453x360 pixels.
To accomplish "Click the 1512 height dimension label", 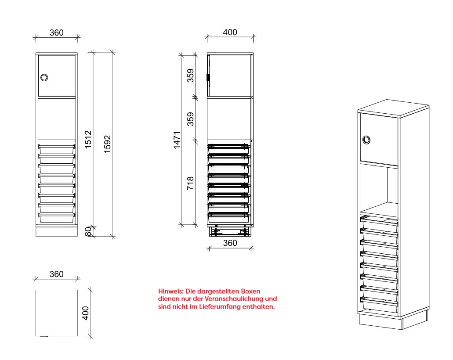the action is (x=88, y=140).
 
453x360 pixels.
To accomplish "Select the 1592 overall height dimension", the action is (x=107, y=144).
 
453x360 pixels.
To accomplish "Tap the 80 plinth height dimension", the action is (x=88, y=231).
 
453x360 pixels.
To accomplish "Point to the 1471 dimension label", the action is (x=177, y=140).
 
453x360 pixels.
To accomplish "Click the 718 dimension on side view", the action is (x=190, y=184).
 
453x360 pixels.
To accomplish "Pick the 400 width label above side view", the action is (x=230, y=32).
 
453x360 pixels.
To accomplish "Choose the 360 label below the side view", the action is (x=230, y=243).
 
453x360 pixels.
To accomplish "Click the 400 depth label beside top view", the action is (x=86, y=313).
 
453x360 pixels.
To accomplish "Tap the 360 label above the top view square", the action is (x=56, y=274).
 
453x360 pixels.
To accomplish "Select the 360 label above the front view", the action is (x=56, y=32).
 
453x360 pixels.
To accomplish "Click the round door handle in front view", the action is (x=44, y=77).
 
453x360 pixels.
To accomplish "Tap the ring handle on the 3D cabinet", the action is (x=366, y=140).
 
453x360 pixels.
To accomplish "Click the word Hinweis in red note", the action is (x=171, y=291).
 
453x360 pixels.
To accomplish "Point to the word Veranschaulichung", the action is (x=232, y=299).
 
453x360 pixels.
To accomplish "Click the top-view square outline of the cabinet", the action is (x=57, y=290).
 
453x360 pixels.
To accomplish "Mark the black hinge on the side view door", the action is (x=208, y=78).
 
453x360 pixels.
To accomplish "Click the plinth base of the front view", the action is (x=57, y=230).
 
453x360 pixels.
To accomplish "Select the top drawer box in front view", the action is (x=57, y=150).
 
